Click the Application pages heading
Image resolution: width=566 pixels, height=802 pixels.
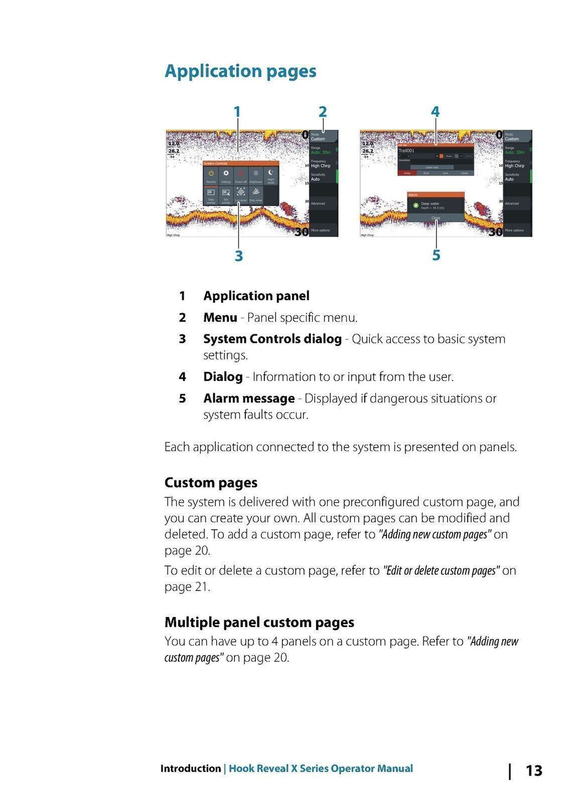(x=240, y=71)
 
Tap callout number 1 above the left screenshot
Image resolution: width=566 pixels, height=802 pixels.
(x=237, y=112)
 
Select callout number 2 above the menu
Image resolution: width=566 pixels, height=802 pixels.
(x=323, y=112)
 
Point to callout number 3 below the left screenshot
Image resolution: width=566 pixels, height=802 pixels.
(x=239, y=256)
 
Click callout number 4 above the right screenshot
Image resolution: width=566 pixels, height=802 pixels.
(x=436, y=112)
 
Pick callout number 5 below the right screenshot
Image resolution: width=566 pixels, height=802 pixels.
(x=436, y=255)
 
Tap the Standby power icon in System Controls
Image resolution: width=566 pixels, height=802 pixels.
(x=211, y=174)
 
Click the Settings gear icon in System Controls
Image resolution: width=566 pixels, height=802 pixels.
(x=226, y=174)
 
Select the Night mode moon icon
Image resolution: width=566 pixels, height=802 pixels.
(x=271, y=173)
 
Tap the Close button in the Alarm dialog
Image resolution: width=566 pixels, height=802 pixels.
(x=436, y=218)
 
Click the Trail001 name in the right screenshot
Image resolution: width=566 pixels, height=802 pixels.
(x=406, y=150)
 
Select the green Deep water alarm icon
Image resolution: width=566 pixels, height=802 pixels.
(x=416, y=205)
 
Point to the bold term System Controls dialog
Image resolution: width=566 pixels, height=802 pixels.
(x=272, y=339)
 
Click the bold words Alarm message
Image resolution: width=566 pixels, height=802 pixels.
(x=249, y=399)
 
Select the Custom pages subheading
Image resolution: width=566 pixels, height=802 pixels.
(x=211, y=483)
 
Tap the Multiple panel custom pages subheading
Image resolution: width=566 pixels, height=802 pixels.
(x=259, y=622)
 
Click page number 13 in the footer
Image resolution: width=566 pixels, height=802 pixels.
(x=534, y=771)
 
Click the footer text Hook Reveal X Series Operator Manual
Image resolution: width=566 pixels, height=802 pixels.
(x=321, y=768)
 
